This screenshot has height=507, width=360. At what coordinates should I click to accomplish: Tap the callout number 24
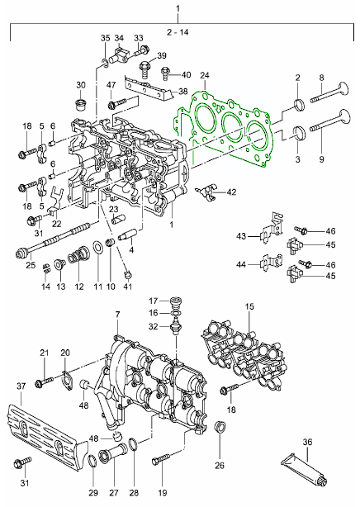point(205,75)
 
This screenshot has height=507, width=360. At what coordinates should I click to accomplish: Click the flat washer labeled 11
point(98,249)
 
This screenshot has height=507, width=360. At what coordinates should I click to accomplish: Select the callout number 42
point(231,192)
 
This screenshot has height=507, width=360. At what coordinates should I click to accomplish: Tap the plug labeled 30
point(80,103)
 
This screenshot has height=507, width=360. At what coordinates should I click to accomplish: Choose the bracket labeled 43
point(272,228)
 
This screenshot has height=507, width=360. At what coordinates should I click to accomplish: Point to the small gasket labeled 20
point(67,381)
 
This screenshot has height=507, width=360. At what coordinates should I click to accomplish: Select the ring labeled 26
point(220,429)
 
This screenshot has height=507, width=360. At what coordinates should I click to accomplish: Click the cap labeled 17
point(176,302)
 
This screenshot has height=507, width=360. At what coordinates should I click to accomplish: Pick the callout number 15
point(249,306)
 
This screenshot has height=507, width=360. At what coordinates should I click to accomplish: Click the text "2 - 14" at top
point(178,32)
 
